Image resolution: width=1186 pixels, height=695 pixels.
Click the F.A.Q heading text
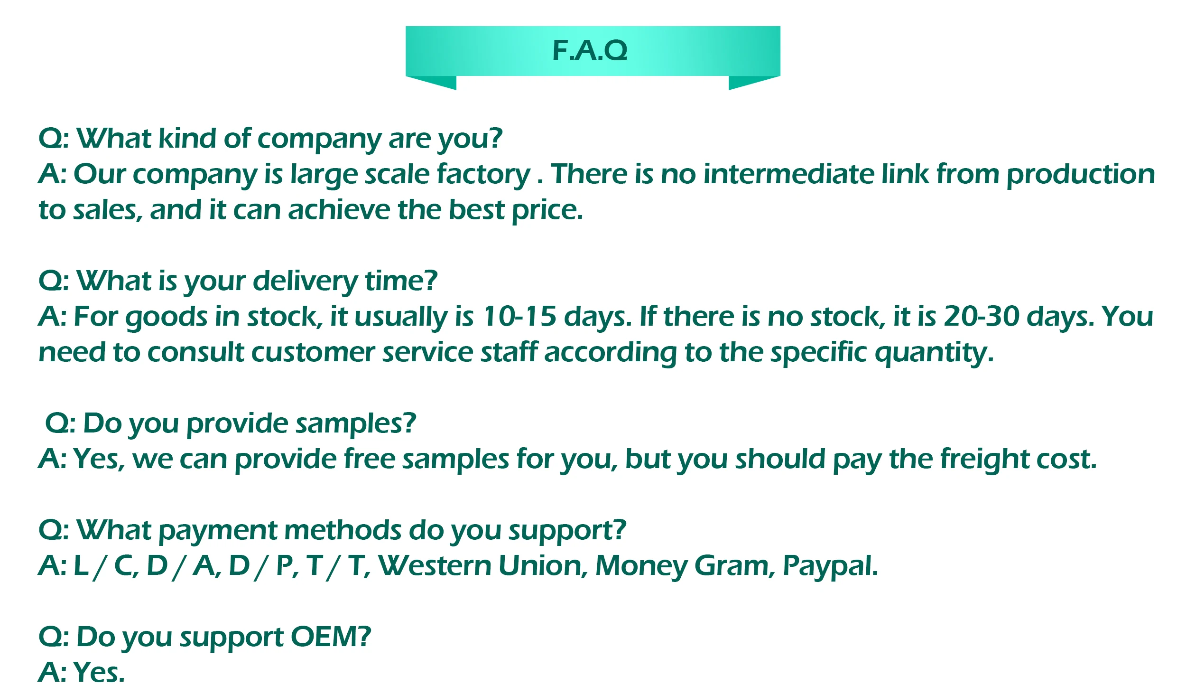click(x=590, y=50)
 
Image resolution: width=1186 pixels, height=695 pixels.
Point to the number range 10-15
click(x=519, y=317)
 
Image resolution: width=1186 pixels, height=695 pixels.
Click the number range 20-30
click(x=981, y=317)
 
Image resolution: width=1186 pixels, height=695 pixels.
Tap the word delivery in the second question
click(x=305, y=281)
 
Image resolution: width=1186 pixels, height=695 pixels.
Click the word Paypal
click(x=830, y=566)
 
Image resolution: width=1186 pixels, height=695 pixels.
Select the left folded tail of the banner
click(x=436, y=82)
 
